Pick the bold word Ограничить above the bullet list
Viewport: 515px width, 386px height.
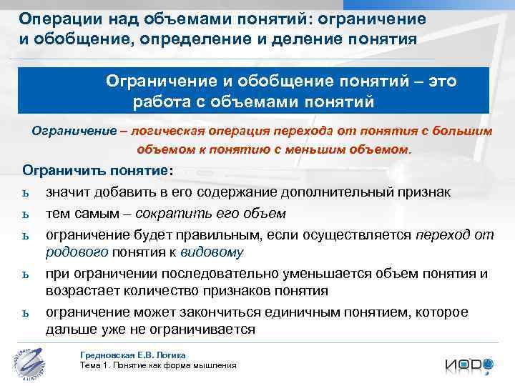coord(66,172)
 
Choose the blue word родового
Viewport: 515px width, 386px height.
coord(77,252)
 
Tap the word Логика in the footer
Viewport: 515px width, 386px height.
coord(172,355)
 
